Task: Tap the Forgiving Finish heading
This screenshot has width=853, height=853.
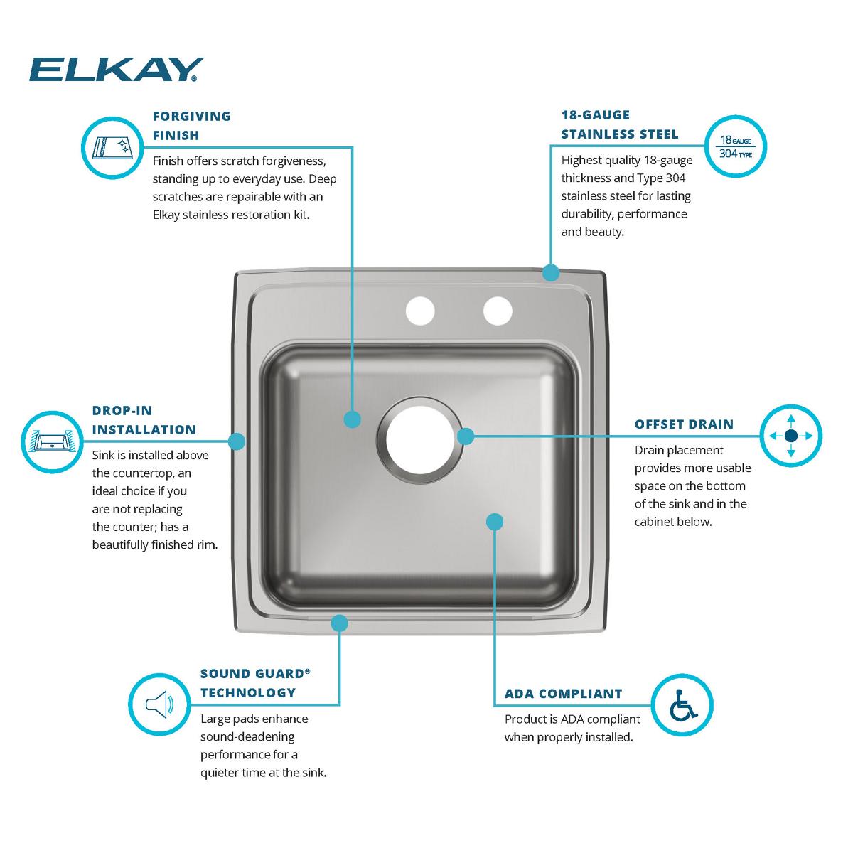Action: pos(192,125)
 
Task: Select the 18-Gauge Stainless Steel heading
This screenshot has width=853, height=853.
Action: pos(619,124)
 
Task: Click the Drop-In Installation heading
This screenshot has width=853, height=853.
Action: pos(144,420)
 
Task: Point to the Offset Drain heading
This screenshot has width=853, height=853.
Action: pos(684,424)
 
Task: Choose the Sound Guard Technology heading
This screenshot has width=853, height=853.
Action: pos(255,683)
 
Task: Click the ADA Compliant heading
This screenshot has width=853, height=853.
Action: pos(563,694)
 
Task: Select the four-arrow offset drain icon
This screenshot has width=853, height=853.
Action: pos(791,435)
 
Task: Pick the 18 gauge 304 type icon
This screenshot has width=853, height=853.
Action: pos(735,146)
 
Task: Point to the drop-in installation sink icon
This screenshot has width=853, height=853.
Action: pos(52,441)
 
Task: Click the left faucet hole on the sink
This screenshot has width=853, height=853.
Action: pos(419,311)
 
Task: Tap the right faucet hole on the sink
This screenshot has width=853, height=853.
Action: pos(498,311)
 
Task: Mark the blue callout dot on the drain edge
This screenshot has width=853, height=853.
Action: pos(465,436)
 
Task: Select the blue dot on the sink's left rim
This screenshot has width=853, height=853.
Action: pos(237,441)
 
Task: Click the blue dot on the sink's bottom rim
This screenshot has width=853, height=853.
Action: pos(339,623)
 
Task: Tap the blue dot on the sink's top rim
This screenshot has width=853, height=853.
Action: pos(550,272)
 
